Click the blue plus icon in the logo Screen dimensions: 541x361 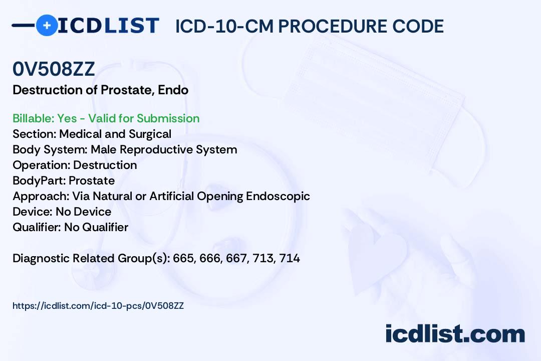click(47, 25)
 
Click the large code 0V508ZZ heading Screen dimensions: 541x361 click(54, 69)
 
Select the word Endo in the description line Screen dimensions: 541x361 click(173, 90)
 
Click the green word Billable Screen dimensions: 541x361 click(33, 118)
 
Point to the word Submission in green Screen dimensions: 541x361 click(168, 118)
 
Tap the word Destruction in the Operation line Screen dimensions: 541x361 click(105, 165)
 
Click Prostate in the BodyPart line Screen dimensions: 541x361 click(92, 180)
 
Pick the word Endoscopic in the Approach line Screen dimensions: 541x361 click(278, 196)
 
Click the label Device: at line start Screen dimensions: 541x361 click(33, 212)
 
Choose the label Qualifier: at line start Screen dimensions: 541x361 click(37, 227)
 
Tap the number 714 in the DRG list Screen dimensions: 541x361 click(290, 258)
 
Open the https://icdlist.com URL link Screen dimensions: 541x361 click(98, 306)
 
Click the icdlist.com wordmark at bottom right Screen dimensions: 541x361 click(455, 334)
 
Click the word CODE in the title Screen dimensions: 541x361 click(418, 26)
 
